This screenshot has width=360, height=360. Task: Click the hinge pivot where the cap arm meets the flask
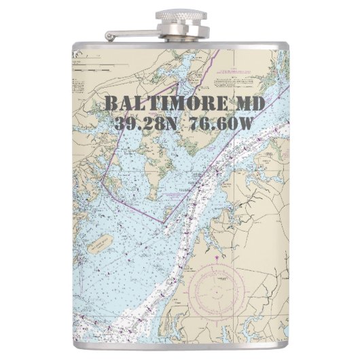pyautogui.click(x=109, y=35)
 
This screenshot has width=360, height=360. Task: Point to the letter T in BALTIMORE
pyautogui.click(x=154, y=104)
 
